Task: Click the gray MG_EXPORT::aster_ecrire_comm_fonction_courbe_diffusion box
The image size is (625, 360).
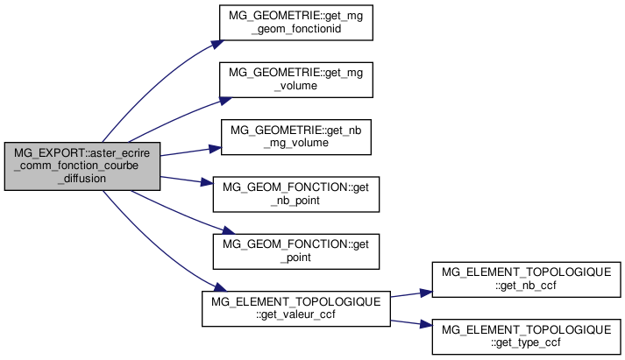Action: (82, 166)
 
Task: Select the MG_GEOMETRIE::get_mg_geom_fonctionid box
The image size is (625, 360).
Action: (296, 22)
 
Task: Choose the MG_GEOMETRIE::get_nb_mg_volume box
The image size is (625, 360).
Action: (296, 137)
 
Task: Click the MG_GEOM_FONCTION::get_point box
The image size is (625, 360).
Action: (296, 251)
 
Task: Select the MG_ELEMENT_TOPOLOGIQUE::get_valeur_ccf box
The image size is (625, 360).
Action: (296, 308)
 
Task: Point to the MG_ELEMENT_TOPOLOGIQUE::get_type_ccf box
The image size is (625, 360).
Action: (527, 336)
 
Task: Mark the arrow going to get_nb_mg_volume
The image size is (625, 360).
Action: (188, 152)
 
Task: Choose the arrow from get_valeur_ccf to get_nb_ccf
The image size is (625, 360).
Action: (412, 293)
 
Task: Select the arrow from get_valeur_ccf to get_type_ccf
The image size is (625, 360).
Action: (412, 323)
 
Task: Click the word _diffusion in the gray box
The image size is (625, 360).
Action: (82, 178)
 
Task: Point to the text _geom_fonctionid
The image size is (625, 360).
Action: (296, 28)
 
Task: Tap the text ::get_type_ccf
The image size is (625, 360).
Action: (527, 342)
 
